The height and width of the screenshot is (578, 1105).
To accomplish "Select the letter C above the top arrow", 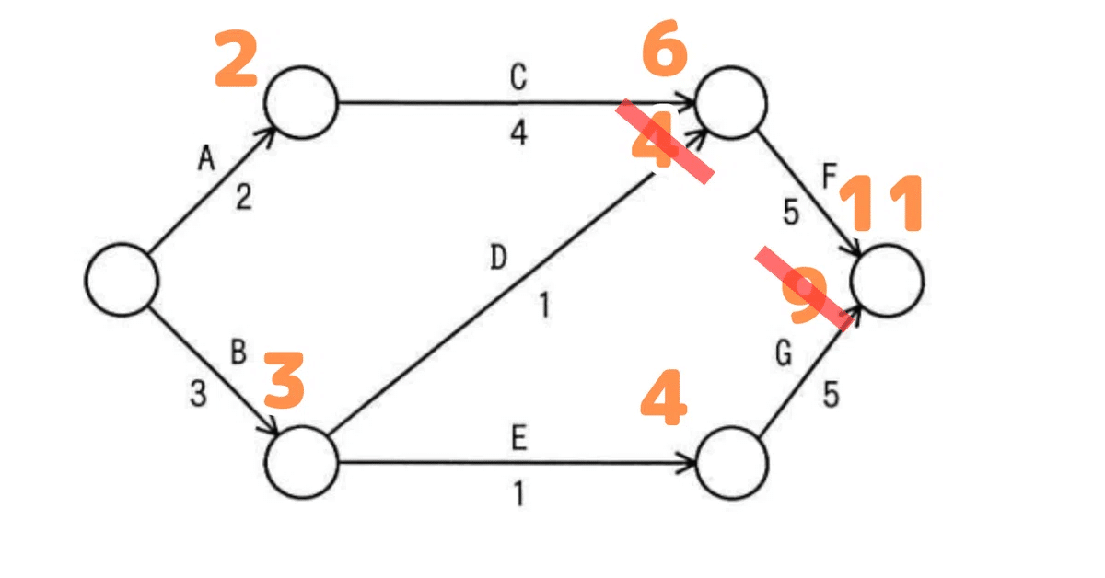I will tap(518, 78).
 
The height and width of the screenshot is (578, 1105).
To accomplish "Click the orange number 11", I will tap(885, 205).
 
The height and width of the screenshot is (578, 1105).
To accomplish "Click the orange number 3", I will tap(285, 382).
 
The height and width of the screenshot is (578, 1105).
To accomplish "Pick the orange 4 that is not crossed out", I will tap(663, 399).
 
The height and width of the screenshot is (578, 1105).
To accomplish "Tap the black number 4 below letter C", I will tap(518, 133).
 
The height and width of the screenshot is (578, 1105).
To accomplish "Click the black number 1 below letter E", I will tap(518, 495).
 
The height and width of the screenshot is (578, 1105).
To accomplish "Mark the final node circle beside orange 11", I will tap(888, 282).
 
